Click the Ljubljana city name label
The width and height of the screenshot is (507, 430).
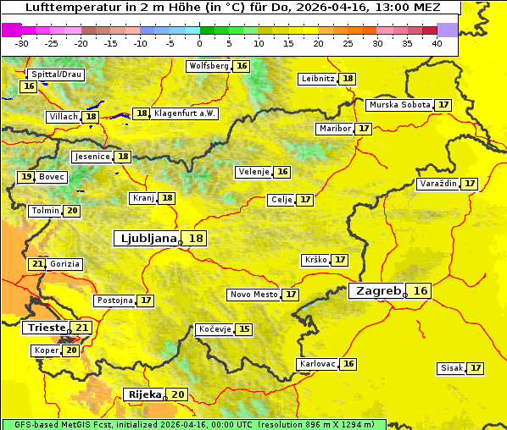coord(146,239)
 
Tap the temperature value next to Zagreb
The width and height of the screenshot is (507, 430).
coord(421,291)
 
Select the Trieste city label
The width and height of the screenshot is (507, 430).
coord(47,328)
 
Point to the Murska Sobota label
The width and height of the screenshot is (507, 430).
coord(399,105)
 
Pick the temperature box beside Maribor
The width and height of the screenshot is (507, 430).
coord(364,129)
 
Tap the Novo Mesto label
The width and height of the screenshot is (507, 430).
coord(253,295)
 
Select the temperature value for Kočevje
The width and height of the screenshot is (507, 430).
coord(244,329)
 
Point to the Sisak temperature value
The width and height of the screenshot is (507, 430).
coord(476,368)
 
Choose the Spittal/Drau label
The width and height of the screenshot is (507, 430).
coord(56,74)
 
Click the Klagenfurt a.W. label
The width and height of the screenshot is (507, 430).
coord(186,113)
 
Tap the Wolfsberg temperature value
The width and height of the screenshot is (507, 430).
coord(242,66)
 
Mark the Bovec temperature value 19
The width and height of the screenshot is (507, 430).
coord(26,177)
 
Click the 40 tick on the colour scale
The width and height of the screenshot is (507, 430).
coord(436,43)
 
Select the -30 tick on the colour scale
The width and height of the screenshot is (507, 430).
coord(22,43)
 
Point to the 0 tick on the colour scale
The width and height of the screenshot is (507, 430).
coord(199,43)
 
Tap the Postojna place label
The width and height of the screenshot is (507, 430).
coord(114,300)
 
